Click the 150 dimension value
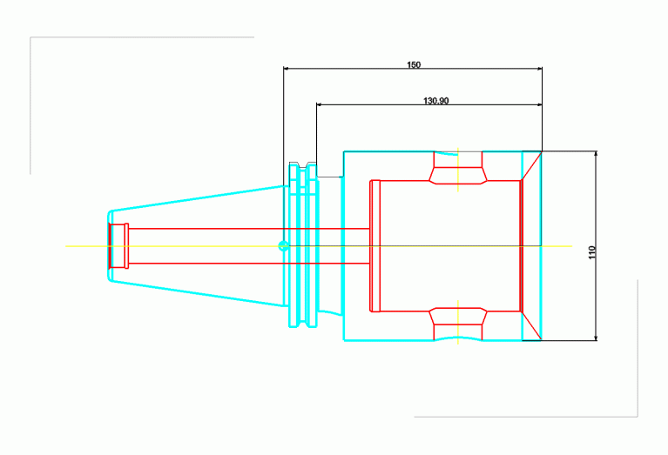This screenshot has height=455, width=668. click(x=413, y=64)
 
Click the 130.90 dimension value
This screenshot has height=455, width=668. click(x=435, y=101)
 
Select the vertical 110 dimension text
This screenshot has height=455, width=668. click(x=591, y=252)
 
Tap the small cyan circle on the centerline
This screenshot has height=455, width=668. click(x=283, y=246)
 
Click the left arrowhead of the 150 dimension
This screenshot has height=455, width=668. click(x=287, y=68)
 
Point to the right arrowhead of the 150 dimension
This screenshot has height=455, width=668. click(x=539, y=68)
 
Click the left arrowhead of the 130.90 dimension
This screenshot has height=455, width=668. click(x=319, y=104)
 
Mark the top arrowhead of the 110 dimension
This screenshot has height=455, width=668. click(x=596, y=154)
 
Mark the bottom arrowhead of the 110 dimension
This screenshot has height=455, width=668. click(x=596, y=338)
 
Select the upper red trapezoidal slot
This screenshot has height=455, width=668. click(x=458, y=168)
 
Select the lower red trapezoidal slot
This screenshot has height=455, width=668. click(x=458, y=324)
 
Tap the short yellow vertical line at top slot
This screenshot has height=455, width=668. click(x=458, y=170)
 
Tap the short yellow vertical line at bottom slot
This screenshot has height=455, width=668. click(x=458, y=322)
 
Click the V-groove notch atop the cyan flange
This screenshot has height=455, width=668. click(x=303, y=165)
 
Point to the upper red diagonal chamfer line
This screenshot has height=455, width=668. click(x=531, y=166)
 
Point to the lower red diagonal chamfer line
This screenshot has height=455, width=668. click(x=531, y=326)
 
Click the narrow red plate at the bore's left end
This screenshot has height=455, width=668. click(x=374, y=246)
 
